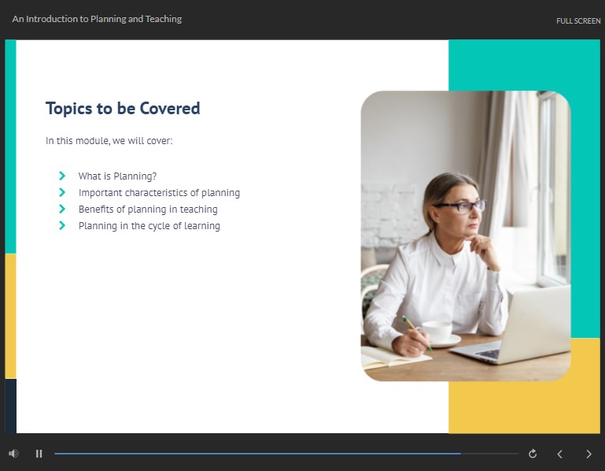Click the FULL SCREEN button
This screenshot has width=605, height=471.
578,20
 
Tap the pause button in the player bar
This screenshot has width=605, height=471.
39,454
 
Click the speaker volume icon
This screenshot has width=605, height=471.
13,453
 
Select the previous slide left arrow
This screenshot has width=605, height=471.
559,454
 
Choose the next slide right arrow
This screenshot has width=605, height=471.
588,454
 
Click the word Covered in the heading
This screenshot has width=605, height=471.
170,108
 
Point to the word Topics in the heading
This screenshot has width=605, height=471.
69,109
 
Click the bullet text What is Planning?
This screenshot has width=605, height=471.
118,176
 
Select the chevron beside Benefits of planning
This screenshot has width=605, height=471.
62,209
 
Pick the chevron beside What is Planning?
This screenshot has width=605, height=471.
62,176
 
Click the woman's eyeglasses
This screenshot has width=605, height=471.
459,206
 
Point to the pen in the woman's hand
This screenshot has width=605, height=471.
417,332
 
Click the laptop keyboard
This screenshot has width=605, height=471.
488,353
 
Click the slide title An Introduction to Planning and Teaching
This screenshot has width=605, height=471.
97,19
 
